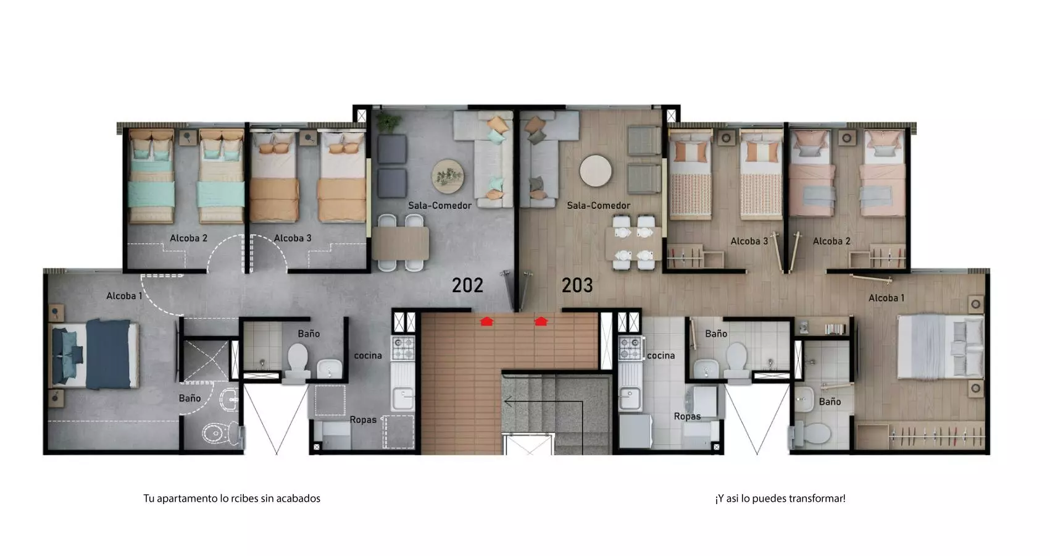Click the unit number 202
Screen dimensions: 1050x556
(x=467, y=285)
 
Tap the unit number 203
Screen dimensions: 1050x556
(x=577, y=285)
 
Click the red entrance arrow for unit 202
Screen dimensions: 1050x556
(x=487, y=321)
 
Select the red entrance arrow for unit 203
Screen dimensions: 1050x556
(x=541, y=321)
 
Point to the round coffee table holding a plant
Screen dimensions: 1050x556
(x=448, y=177)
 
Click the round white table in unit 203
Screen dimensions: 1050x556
(x=595, y=171)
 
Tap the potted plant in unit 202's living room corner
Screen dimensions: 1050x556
(x=389, y=122)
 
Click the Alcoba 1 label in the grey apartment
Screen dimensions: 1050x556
(x=124, y=296)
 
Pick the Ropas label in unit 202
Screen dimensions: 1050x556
(x=364, y=420)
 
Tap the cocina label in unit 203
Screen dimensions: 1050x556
(x=661, y=356)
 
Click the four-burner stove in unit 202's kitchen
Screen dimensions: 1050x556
(x=403, y=348)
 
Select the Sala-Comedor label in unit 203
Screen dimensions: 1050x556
(x=599, y=206)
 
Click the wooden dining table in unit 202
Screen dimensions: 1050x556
(x=401, y=243)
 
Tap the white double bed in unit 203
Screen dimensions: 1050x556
(x=940, y=347)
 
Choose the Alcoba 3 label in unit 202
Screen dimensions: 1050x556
(x=293, y=238)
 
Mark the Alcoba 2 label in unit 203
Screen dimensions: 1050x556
(x=831, y=241)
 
